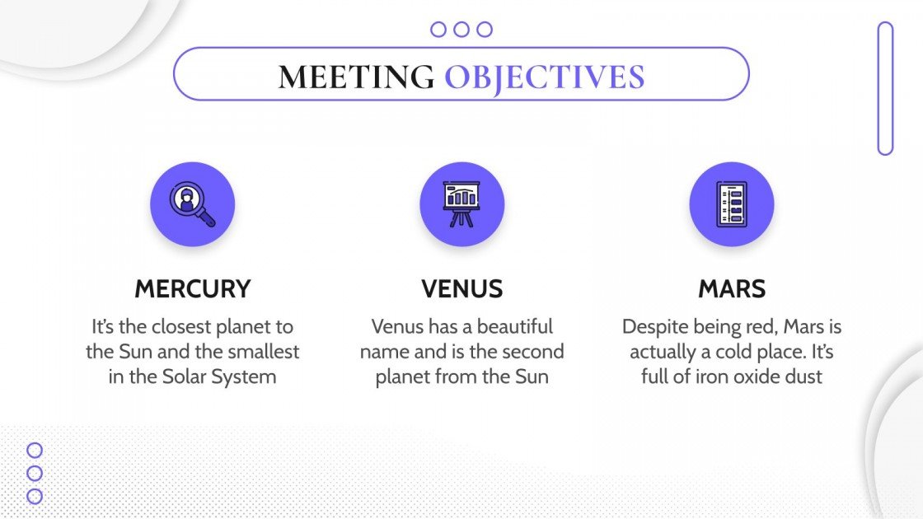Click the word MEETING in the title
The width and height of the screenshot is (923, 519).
(x=356, y=76)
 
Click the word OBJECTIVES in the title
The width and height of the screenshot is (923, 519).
(x=545, y=76)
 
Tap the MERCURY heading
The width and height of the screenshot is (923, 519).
(x=193, y=289)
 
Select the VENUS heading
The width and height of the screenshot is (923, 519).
(x=461, y=289)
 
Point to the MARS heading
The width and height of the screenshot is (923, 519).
(x=732, y=289)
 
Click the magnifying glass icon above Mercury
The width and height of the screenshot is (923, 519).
(x=193, y=204)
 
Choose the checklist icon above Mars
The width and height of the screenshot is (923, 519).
(x=732, y=204)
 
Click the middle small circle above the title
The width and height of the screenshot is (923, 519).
(x=461, y=30)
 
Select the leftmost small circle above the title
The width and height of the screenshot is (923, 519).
(x=438, y=30)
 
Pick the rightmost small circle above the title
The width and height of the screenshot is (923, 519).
(x=485, y=30)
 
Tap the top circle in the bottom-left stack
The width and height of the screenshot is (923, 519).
(x=35, y=450)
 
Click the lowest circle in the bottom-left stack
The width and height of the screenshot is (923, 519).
(x=35, y=496)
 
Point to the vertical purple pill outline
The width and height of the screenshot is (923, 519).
(x=885, y=88)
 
